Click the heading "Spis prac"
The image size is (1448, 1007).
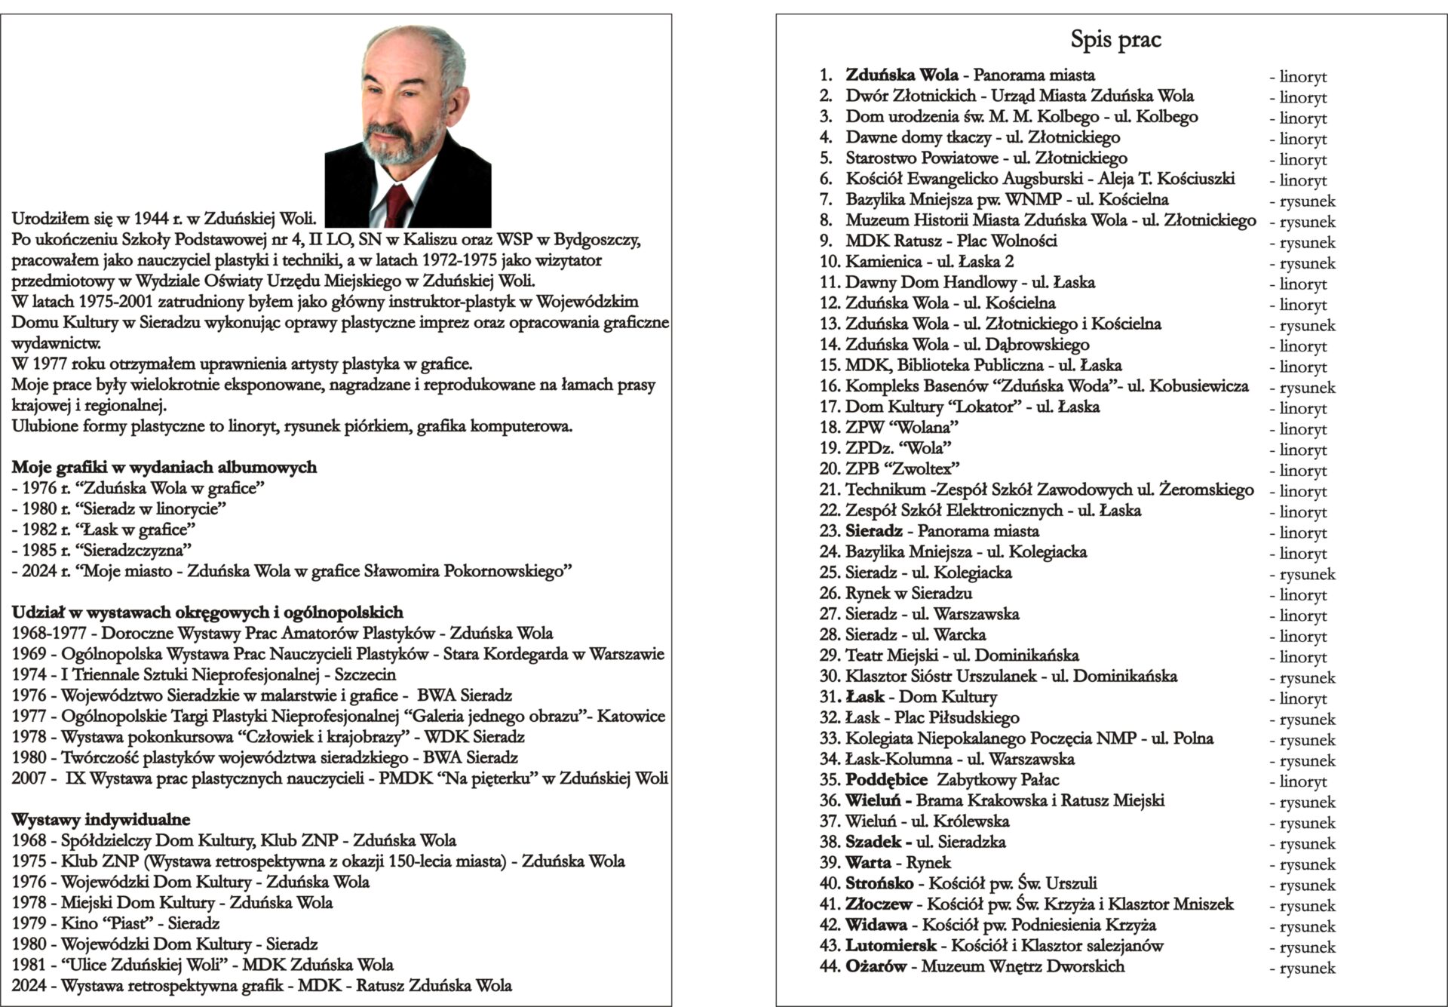[1115, 39]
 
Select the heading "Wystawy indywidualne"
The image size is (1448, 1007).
[101, 819]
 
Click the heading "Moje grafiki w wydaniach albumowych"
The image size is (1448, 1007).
[164, 468]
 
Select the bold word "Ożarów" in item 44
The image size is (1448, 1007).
[875, 966]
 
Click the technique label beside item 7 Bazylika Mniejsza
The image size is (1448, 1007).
[1302, 201]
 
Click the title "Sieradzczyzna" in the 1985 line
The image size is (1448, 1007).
[137, 550]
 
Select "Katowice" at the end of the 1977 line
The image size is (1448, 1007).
[631, 716]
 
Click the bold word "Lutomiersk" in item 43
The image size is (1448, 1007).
[891, 946]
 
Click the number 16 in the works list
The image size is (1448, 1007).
[830, 386]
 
